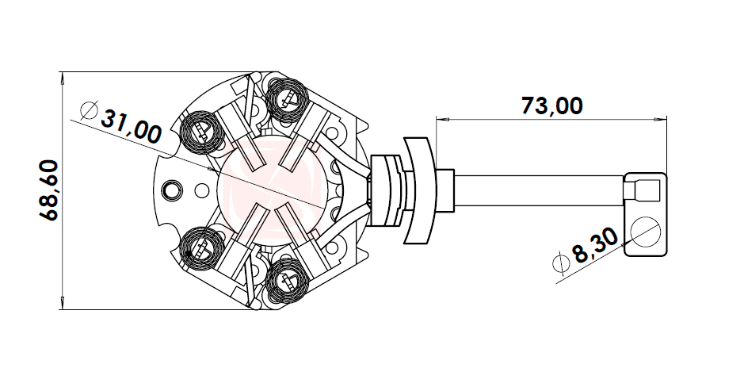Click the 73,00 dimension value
click(551, 105)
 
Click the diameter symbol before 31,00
click(88, 109)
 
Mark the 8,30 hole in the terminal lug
click(645, 230)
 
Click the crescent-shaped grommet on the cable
click(421, 190)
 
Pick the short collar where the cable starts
click(444, 191)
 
